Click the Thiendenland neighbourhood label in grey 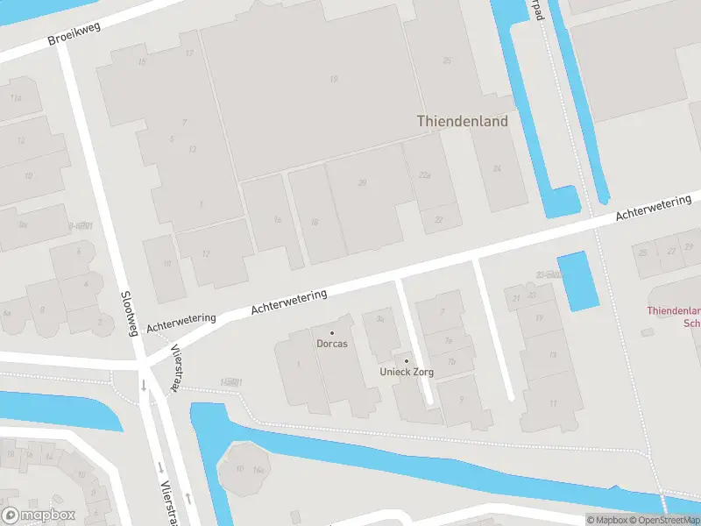(462, 122)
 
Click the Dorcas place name (332, 344)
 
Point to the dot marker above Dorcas (332, 333)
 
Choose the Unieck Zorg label (407, 372)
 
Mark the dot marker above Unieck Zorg (407, 360)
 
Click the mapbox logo (39, 515)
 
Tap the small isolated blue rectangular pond (577, 281)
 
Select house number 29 (362, 182)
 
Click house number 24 (497, 168)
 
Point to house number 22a (425, 175)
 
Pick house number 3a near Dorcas (380, 319)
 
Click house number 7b (451, 361)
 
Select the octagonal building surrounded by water (245, 470)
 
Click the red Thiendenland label (674, 311)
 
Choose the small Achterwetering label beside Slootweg (181, 322)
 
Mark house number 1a (277, 219)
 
